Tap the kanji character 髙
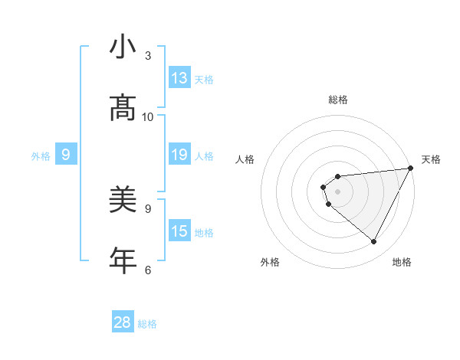pos(123,108)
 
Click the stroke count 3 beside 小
pos(148,56)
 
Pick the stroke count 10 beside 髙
pos(148,116)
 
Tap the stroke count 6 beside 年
pos(148,270)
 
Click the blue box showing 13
pos(179,78)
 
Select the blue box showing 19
pos(179,155)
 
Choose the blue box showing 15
pos(179,231)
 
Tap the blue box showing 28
pos(123,322)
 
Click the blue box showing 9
pos(66,155)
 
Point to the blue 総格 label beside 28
pos(148,324)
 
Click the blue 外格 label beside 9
pos(41,156)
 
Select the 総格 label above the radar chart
pos(338,100)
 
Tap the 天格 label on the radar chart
pos(432,159)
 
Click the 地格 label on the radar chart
pos(402,262)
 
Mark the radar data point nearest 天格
pos(410,169)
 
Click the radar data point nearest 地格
pos(374,242)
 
